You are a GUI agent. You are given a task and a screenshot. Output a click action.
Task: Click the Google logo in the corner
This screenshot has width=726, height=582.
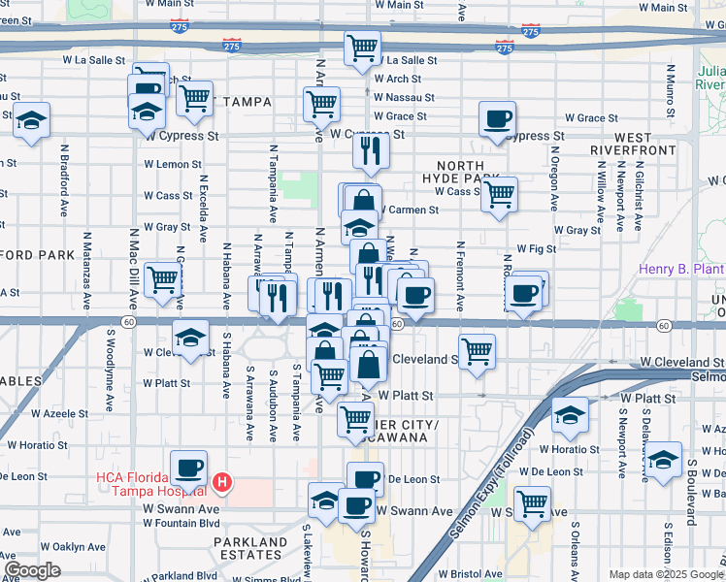[x=32, y=570]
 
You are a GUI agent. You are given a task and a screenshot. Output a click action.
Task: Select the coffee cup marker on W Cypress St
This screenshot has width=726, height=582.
[x=498, y=120]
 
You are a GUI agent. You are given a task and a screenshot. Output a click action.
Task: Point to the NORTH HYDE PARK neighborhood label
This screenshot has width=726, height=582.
[x=460, y=172]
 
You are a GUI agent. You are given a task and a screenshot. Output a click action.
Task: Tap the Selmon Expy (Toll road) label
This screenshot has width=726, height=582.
[x=492, y=485]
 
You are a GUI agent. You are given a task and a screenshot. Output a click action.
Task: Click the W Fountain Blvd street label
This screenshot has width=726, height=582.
[x=181, y=523]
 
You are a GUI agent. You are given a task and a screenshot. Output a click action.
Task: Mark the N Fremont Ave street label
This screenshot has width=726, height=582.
[x=460, y=276]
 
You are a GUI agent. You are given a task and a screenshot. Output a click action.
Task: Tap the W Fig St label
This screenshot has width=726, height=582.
[x=536, y=248]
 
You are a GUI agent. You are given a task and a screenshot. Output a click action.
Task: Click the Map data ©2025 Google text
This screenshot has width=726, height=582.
[x=665, y=574]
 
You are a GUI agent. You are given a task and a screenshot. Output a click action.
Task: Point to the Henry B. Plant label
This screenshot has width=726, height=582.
[x=681, y=269]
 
